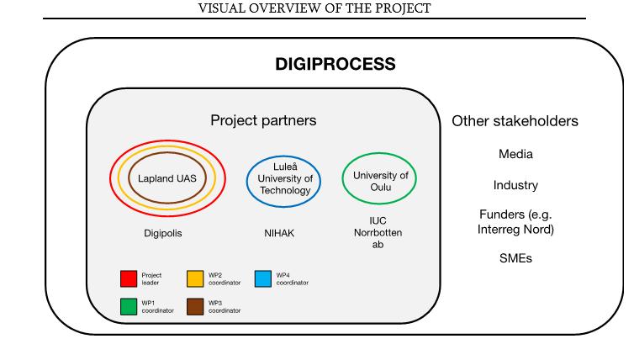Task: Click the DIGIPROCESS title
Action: pyautogui.click(x=335, y=64)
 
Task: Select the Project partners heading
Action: pyautogui.click(x=263, y=120)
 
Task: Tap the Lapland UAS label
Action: pyautogui.click(x=167, y=178)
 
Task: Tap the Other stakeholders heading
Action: pyautogui.click(x=515, y=121)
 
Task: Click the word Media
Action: pyautogui.click(x=515, y=155)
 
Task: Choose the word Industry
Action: pyautogui.click(x=515, y=185)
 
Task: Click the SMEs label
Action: pyautogui.click(x=515, y=258)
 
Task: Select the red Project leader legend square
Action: pyautogui.click(x=129, y=278)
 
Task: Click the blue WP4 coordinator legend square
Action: pyautogui.click(x=262, y=278)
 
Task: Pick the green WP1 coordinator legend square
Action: pyautogui.click(x=129, y=306)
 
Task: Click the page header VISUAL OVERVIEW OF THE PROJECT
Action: pyautogui.click(x=314, y=8)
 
